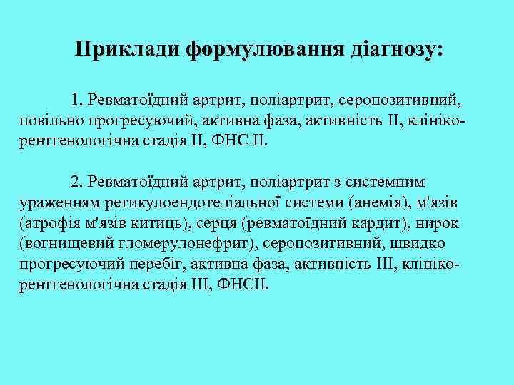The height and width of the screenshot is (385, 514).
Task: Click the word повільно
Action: [49, 118]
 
